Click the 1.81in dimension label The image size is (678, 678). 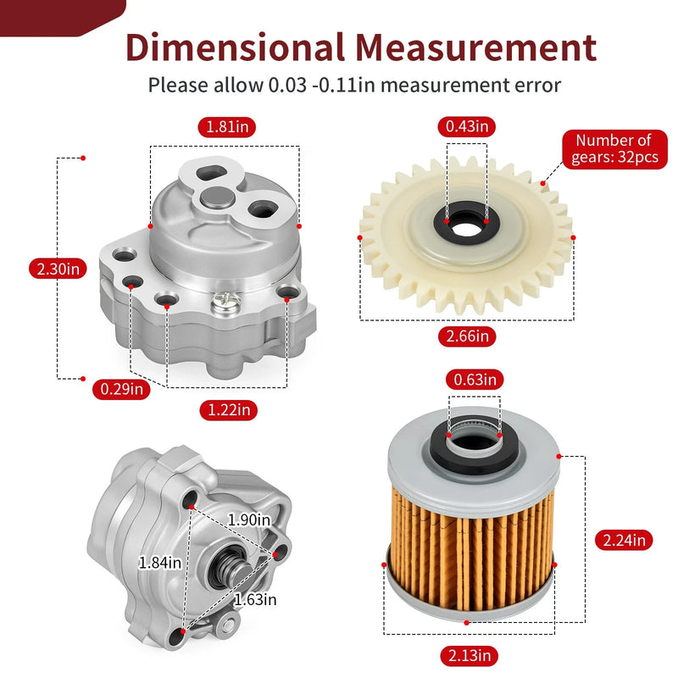pyautogui.click(x=227, y=127)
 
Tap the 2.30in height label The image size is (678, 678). pyautogui.click(x=58, y=269)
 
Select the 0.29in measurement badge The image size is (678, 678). pyautogui.click(x=121, y=389)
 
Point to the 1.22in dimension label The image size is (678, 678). pyautogui.click(x=229, y=409)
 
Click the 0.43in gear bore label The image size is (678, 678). pyautogui.click(x=467, y=126)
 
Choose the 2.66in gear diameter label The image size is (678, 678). pyautogui.click(x=467, y=336)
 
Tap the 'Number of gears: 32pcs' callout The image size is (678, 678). pyautogui.click(x=615, y=149)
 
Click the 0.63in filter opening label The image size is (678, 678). pyautogui.click(x=475, y=380)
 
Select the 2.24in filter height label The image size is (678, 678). pyautogui.click(x=624, y=540)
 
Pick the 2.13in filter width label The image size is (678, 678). pyautogui.click(x=470, y=655)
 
